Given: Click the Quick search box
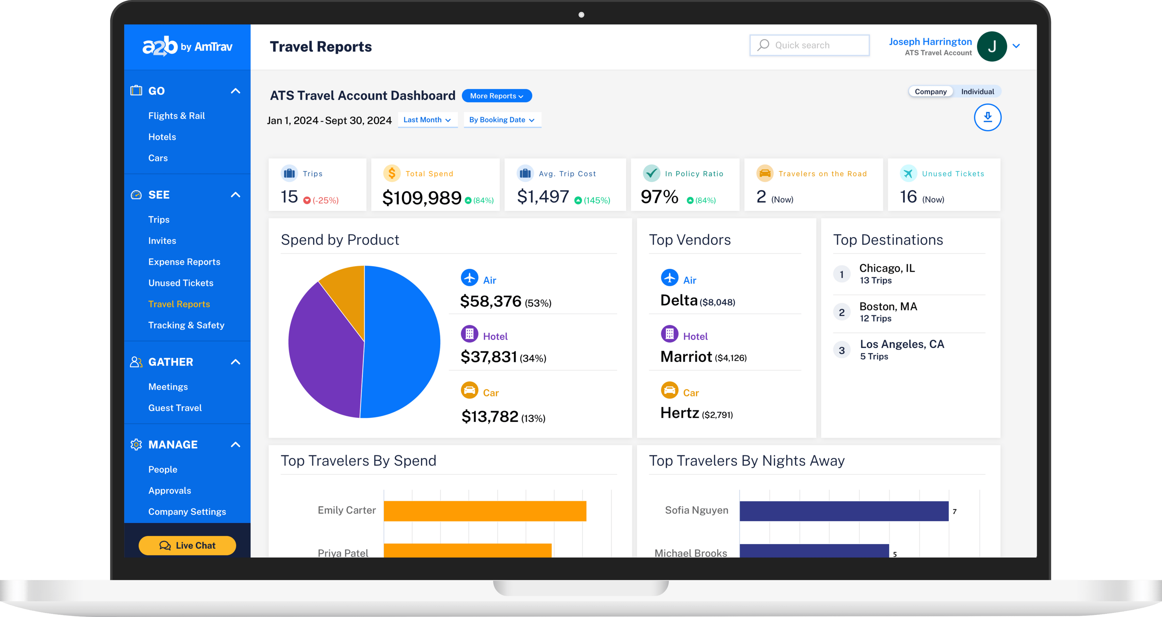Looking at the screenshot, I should coord(809,45).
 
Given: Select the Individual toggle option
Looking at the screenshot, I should coord(977,92).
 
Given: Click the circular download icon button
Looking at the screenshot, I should coord(987,117).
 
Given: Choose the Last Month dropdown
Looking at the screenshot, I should coord(427,120).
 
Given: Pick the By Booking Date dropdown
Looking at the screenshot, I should coord(502,120).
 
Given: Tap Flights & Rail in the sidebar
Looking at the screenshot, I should coord(176,116).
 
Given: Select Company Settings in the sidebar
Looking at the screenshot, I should coord(187,512).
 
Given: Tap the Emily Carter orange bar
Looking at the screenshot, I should coord(485,511).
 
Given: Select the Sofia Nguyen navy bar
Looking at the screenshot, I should coord(844,511).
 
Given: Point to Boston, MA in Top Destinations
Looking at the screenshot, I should coord(888,307).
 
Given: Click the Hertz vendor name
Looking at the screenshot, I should coord(679,413).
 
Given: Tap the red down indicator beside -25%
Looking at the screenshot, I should coord(307,200).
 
